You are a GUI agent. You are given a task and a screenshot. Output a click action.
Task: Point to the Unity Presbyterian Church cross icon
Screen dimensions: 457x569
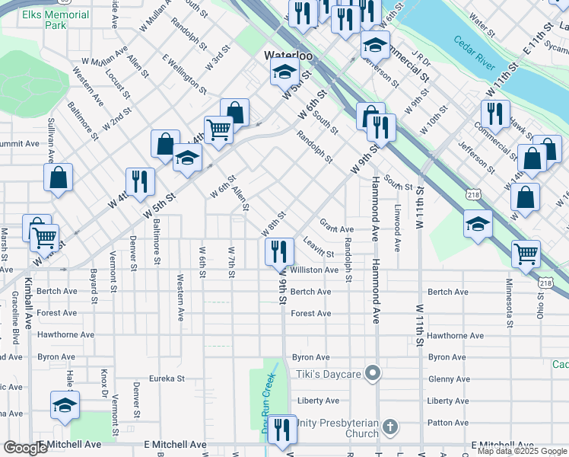(x=389, y=427)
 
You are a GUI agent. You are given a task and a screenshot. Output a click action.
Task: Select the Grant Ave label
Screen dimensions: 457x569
(x=336, y=228)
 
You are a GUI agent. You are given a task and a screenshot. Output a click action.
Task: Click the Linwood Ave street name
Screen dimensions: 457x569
(x=397, y=227)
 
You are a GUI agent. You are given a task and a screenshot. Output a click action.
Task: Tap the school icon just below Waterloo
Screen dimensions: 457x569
(x=284, y=73)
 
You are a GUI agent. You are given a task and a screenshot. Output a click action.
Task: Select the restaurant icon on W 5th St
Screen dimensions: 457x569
(x=140, y=181)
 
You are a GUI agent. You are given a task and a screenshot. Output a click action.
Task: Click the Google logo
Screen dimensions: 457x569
(x=25, y=448)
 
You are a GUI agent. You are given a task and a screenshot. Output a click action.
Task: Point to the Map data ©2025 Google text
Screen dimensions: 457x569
(x=521, y=451)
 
